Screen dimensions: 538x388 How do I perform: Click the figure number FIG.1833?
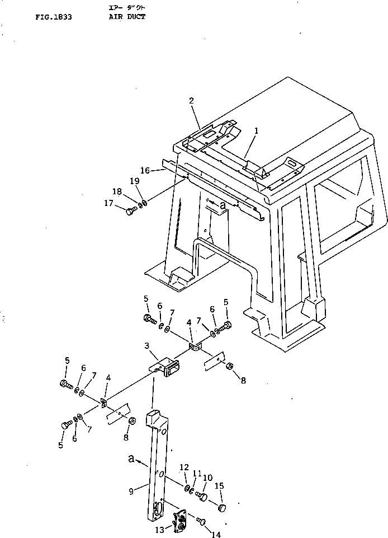coord(53,17)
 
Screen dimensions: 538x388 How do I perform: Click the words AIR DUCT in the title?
coord(127,17)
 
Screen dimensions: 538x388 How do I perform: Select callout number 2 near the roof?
coord(191,101)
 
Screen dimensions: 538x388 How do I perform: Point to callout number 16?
coord(145,170)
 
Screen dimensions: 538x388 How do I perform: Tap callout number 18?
coord(117,191)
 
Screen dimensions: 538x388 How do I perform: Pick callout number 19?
coord(134,181)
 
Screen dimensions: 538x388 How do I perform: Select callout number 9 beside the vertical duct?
coord(131,492)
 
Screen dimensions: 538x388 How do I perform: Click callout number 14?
coord(216,534)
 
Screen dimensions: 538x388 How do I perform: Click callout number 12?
coord(183,467)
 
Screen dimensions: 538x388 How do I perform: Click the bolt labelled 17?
coord(131,212)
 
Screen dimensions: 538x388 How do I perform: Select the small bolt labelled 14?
coord(202,522)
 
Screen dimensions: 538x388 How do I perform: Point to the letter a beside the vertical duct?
coord(131,459)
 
